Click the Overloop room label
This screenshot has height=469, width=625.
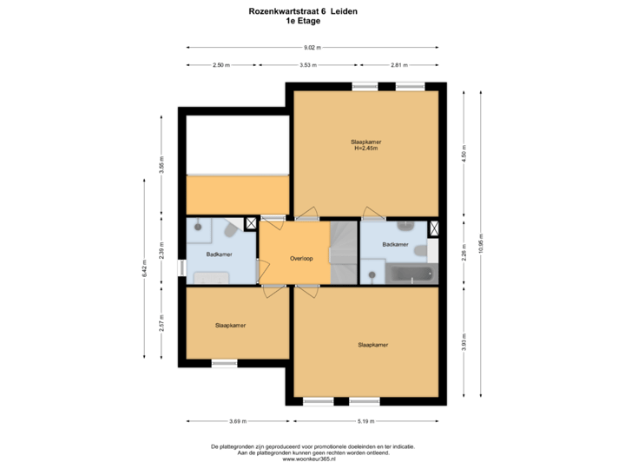[x=301, y=258]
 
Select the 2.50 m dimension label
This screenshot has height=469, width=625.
[x=221, y=65]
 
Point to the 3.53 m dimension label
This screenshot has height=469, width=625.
[x=307, y=65]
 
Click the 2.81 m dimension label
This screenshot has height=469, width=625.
[x=399, y=65]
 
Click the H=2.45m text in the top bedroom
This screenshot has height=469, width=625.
[x=366, y=149]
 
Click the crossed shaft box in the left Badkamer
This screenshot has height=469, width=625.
[x=252, y=223]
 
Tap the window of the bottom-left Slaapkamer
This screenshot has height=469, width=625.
[x=224, y=363]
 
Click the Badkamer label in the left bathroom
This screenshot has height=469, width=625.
[x=219, y=254]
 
